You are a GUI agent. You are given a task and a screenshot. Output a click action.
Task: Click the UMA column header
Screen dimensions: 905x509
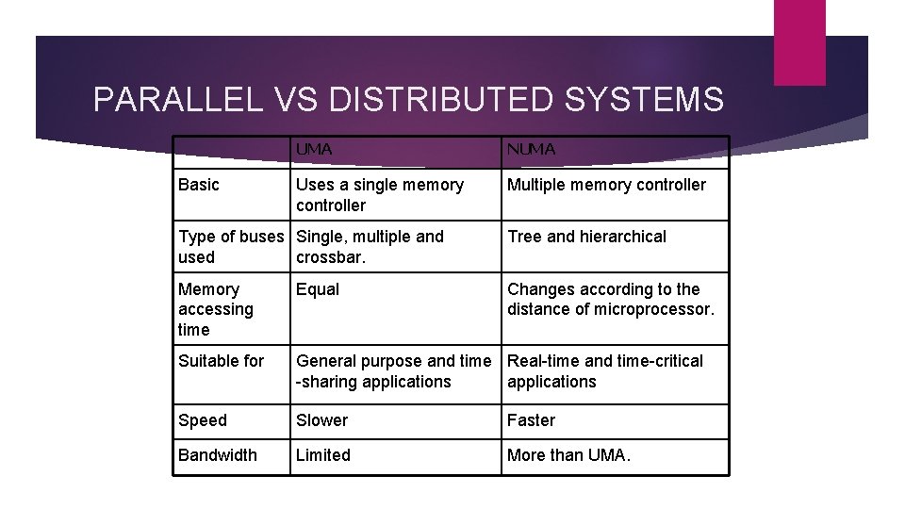coord(314,150)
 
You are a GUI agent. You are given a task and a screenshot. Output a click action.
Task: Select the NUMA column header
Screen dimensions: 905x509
coord(532,150)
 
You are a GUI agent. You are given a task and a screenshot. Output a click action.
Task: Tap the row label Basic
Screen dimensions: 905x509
coord(198,185)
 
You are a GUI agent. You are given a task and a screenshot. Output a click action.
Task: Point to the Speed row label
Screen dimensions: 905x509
coord(203,420)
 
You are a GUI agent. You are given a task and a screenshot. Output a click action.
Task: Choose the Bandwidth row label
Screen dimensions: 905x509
coord(217,455)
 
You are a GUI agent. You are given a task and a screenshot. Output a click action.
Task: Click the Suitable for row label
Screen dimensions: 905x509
coord(222,361)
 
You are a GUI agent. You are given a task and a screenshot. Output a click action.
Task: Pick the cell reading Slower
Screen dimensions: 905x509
coord(321,420)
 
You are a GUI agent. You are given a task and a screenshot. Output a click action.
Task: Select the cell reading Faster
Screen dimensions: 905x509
coord(532,420)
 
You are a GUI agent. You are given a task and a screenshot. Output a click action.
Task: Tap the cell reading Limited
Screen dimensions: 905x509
coord(322,455)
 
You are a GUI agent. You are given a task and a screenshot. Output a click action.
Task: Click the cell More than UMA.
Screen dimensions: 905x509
coord(568,455)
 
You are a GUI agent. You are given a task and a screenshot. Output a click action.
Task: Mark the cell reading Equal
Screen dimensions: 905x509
coord(318,289)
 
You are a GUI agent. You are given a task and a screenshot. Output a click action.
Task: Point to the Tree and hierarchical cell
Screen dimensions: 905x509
coord(586,237)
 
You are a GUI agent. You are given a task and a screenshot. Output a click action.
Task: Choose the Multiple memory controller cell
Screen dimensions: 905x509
coord(606,185)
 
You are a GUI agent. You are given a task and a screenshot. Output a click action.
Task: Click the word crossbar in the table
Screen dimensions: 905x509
coord(328,257)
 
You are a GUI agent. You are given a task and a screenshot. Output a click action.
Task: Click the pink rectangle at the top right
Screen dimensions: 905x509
coord(799,41)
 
